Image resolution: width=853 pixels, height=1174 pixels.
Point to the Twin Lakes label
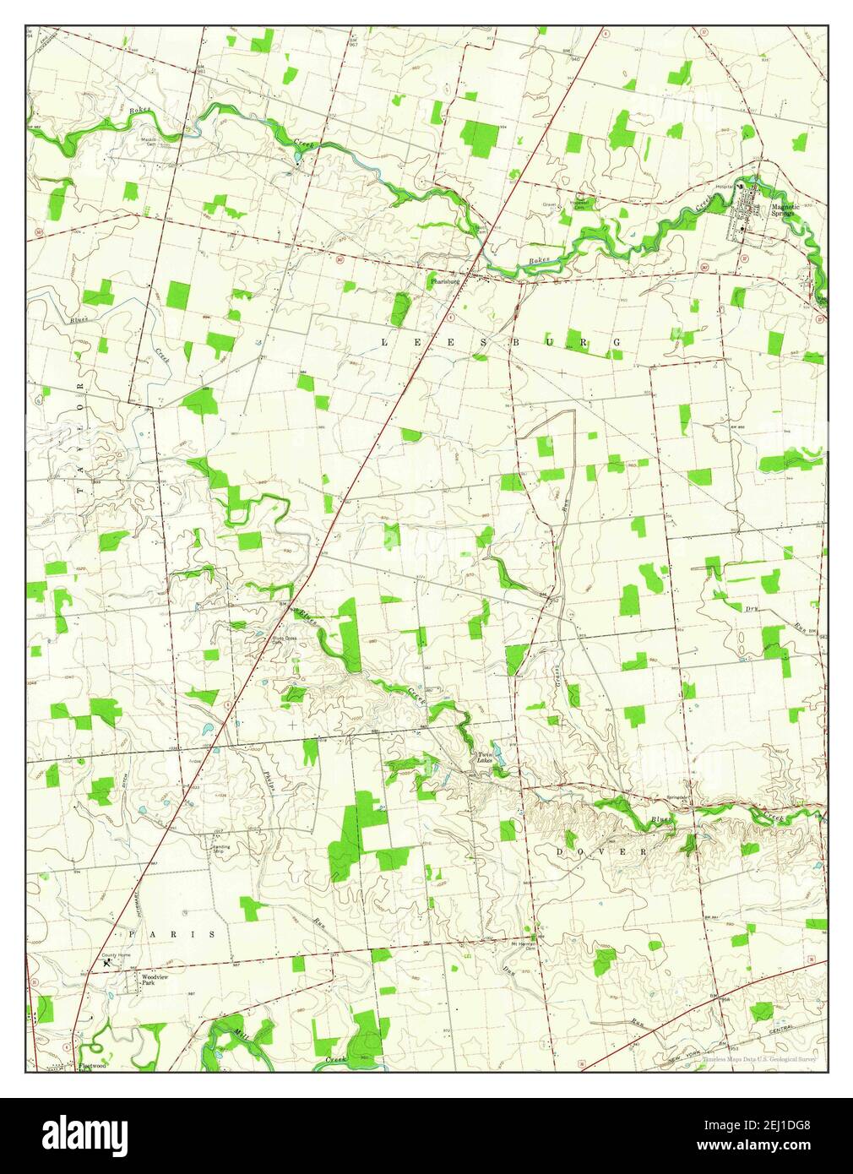point(485,758)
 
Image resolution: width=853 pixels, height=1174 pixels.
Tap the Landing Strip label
point(220,848)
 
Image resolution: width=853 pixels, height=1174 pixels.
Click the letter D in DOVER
point(561,853)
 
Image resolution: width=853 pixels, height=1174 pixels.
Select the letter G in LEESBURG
point(617,342)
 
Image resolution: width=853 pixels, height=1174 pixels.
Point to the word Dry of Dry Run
point(750,608)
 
